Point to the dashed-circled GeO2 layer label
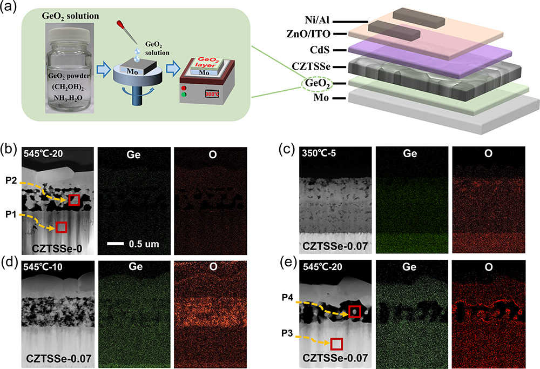pyautogui.click(x=318, y=84)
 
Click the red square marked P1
pyautogui.click(x=62, y=227)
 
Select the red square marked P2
pyautogui.click(x=74, y=200)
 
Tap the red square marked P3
pyautogui.click(x=336, y=344)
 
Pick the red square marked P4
pyautogui.click(x=354, y=311)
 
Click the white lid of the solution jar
pyautogui.click(x=70, y=30)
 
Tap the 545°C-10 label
pyautogui.click(x=43, y=268)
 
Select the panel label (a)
pyautogui.click(x=9, y=8)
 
